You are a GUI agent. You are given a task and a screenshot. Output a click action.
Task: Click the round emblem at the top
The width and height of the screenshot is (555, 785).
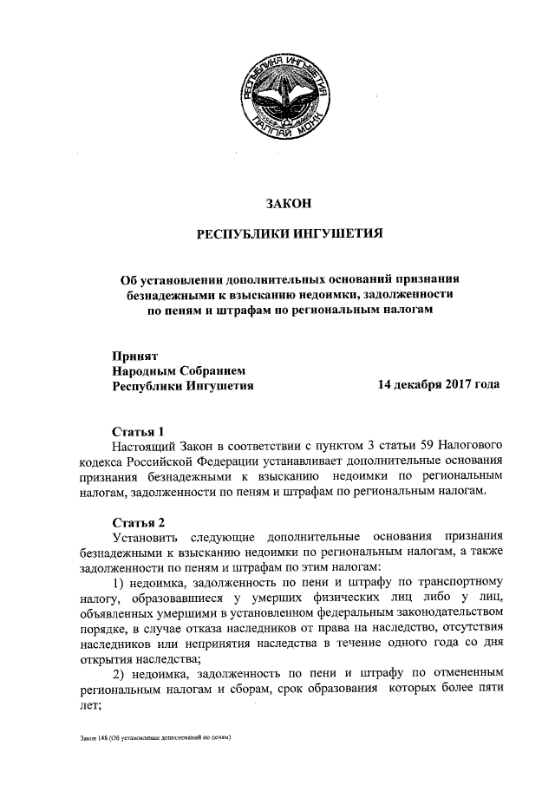(286, 94)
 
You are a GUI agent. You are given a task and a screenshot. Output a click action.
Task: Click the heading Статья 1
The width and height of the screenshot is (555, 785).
(138, 430)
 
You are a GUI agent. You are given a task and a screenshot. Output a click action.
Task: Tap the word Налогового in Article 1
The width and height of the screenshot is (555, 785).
(469, 446)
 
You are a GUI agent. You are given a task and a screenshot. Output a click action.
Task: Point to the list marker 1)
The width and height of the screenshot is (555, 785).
(121, 582)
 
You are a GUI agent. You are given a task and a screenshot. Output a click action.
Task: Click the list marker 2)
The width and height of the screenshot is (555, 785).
(121, 673)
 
